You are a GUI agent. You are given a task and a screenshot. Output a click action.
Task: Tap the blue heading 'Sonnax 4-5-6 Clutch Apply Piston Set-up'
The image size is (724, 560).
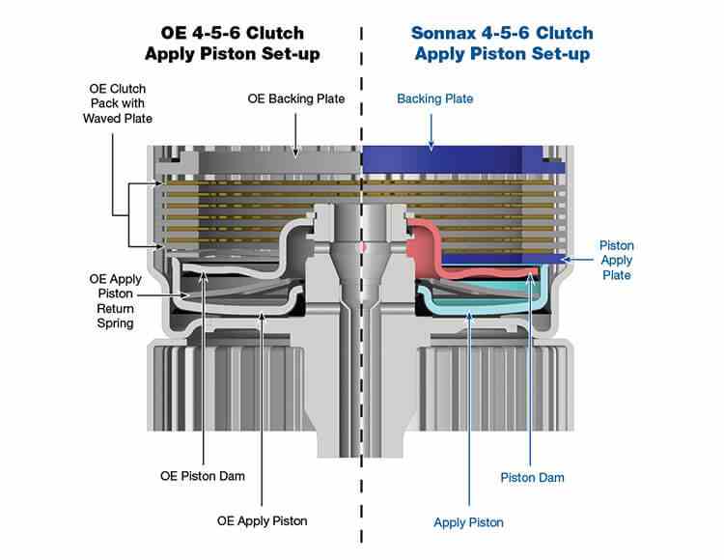click(x=502, y=42)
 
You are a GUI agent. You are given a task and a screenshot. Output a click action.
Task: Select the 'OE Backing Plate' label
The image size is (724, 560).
click(x=296, y=98)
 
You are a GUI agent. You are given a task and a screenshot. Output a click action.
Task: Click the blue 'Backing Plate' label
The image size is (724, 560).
click(x=435, y=98)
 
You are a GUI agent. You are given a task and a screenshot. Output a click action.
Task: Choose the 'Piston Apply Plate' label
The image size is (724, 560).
click(x=616, y=261)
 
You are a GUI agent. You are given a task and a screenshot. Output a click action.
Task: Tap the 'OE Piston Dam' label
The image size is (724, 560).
click(x=203, y=476)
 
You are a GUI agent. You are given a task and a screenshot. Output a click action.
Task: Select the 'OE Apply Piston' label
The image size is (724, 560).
click(x=264, y=520)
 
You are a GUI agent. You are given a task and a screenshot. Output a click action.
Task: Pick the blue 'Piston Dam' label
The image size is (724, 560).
click(x=532, y=477)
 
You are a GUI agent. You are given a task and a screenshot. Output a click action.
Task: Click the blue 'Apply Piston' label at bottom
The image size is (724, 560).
click(x=469, y=522)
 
